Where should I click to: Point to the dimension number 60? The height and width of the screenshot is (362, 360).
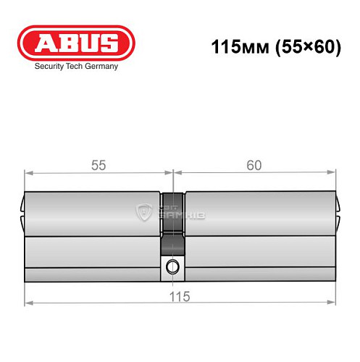pos(254,165)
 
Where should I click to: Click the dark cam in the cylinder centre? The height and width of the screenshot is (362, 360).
pos(172,217)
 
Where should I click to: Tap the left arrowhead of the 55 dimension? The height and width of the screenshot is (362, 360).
pos(28,173)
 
